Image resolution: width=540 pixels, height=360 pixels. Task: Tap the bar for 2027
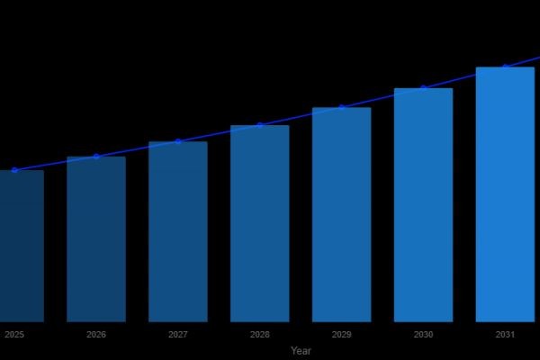pyautogui.click(x=178, y=231)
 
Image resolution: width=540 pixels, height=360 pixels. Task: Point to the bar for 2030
pyautogui.click(x=424, y=204)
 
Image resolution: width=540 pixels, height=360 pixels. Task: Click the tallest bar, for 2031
pyautogui.click(x=505, y=194)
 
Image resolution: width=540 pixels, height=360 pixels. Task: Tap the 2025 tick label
pyautogui.click(x=14, y=335)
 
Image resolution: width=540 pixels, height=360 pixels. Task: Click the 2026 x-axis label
pyautogui.click(x=96, y=335)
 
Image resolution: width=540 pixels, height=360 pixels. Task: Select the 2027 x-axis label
pyautogui.click(x=178, y=335)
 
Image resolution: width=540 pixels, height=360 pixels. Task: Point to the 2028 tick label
pyautogui.click(x=260, y=335)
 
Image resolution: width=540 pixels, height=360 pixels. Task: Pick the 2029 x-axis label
pyautogui.click(x=342, y=335)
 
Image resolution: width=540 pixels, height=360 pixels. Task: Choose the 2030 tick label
pyautogui.click(x=424, y=335)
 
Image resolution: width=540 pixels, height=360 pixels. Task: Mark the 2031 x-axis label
pyautogui.click(x=505, y=335)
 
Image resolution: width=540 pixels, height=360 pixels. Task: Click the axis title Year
pyautogui.click(x=301, y=351)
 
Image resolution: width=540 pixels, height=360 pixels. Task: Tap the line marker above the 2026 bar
pyautogui.click(x=96, y=157)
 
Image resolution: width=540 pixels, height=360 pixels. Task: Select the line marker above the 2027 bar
pyautogui.click(x=178, y=141)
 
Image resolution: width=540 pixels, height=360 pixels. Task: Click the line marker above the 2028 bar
pyautogui.click(x=260, y=125)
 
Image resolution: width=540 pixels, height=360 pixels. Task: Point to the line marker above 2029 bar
pyautogui.click(x=342, y=107)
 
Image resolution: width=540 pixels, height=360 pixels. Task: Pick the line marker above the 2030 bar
pyautogui.click(x=424, y=88)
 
